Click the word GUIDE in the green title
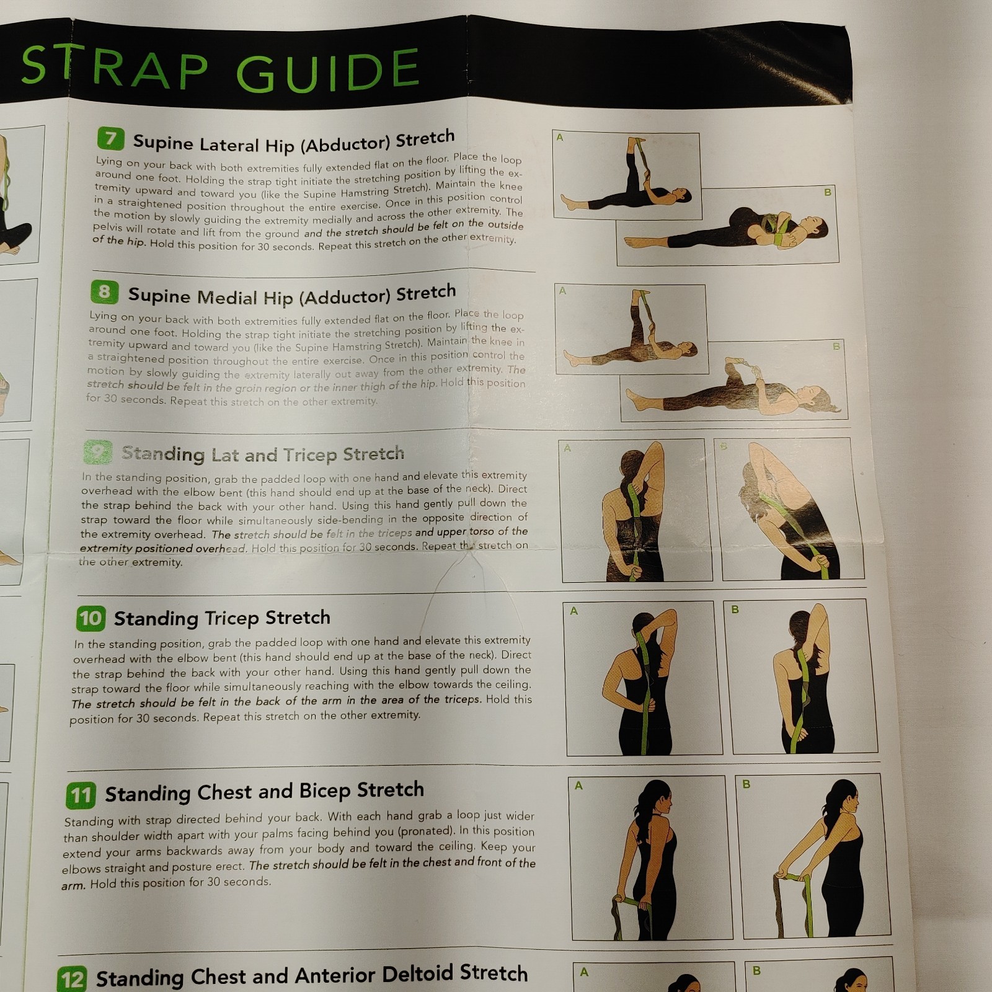tap(328, 70)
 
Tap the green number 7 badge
tap(110, 138)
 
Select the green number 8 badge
tap(104, 292)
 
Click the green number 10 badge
tap(91, 618)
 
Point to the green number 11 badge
tap(81, 795)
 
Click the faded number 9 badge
tap(97, 453)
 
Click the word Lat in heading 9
tap(225, 455)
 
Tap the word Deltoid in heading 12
tap(417, 974)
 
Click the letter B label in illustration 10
tap(735, 609)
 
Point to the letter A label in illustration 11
tap(578, 786)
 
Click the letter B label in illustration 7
tap(827, 193)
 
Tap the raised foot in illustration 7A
tap(633, 145)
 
